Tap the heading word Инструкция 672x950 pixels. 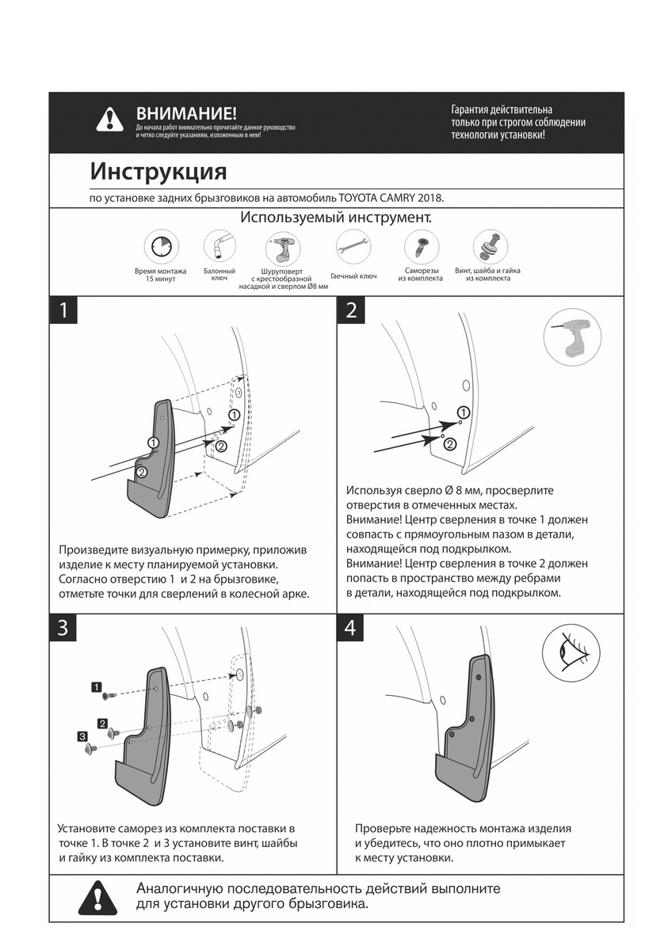158,171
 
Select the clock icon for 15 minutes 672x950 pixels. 161,245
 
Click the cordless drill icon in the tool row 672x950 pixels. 282,248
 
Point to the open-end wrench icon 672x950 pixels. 353,245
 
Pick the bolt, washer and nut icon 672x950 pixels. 487,246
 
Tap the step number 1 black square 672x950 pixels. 64,310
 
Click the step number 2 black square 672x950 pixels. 351,310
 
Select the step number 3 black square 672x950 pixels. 64,628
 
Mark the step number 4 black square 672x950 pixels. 351,628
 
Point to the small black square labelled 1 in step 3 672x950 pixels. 96,687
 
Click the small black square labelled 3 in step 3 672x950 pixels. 82,736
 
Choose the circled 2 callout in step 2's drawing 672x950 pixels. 449,444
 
